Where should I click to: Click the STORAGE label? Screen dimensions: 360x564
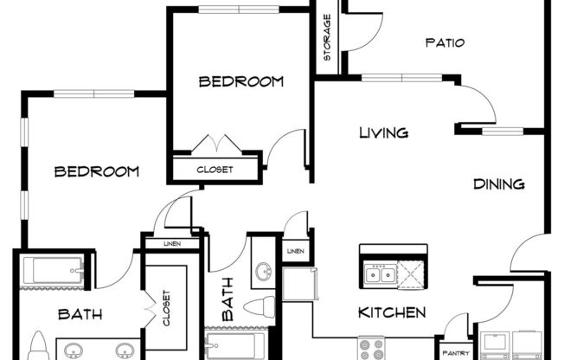(x=328, y=43)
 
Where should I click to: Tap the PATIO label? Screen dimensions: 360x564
(x=445, y=42)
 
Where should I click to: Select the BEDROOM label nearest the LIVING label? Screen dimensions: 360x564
(x=241, y=82)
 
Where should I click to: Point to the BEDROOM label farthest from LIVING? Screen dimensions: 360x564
(x=97, y=171)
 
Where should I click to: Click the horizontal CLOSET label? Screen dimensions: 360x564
(x=215, y=170)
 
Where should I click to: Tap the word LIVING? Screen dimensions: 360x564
(x=384, y=132)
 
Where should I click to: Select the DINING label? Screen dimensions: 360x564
(x=499, y=183)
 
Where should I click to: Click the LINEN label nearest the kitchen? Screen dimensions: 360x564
(x=296, y=252)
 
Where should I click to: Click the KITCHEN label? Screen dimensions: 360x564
(x=393, y=312)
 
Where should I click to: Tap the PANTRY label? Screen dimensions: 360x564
(x=455, y=352)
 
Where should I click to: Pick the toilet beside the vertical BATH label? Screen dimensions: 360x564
(x=260, y=305)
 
